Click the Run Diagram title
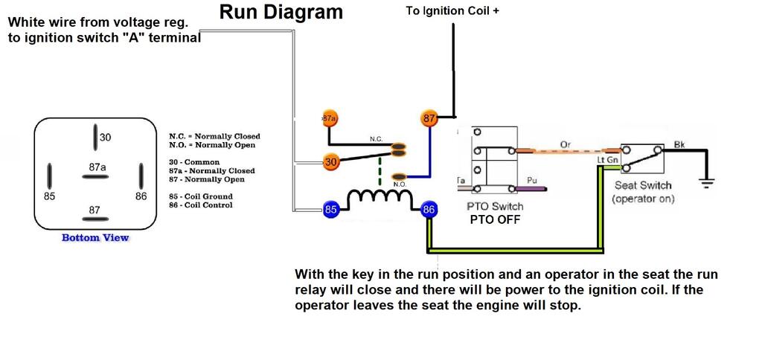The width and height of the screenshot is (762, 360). pos(281,12)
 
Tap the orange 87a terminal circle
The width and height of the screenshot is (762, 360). pos(330,118)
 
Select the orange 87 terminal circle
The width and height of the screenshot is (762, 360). pos(429,118)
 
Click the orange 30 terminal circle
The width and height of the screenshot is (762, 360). pos(331,161)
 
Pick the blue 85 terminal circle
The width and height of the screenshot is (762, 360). pos(331,210)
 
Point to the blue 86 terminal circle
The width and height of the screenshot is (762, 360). pos(429,210)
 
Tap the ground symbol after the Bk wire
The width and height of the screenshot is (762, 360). pos(704,180)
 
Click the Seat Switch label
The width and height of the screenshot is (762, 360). pos(643,185)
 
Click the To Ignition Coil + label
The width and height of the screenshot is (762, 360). pos(452,11)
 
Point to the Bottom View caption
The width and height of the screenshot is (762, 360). pos(95,238)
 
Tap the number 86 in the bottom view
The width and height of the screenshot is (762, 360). pos(141,196)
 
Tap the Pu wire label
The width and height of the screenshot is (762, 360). pos(531,180)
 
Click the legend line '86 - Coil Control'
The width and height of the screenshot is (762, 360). pos(198,205)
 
